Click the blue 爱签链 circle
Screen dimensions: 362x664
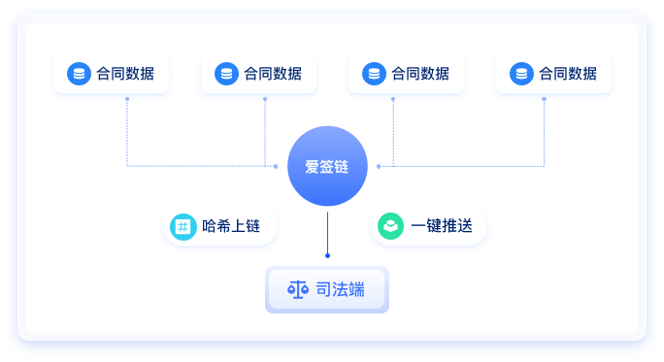pos(327,166)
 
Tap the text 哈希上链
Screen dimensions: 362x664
pos(232,227)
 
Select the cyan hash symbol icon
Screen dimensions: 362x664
pos(182,227)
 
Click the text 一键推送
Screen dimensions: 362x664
pos(442,227)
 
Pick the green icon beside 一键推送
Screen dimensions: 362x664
pos(390,227)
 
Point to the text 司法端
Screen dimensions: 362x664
pos(340,289)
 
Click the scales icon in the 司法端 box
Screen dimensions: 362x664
pos(297,289)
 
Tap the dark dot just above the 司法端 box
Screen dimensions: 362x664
pos(327,255)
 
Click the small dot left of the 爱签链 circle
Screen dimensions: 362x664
pos(276,166)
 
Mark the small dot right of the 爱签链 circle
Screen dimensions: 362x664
pos(379,166)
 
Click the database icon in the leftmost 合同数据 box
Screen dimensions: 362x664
pos(79,74)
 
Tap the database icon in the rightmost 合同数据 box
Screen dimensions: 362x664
pos(521,74)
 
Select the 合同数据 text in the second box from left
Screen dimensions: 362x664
pos(273,74)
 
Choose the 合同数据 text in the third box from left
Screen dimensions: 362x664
pos(420,74)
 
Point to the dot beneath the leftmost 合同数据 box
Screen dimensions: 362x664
pos(127,98)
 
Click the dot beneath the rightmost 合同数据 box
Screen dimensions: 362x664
pos(544,98)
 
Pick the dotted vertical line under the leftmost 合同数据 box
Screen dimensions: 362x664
pos(127,132)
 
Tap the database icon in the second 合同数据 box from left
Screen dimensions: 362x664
pos(226,74)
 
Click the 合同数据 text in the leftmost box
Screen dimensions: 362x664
pos(125,74)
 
